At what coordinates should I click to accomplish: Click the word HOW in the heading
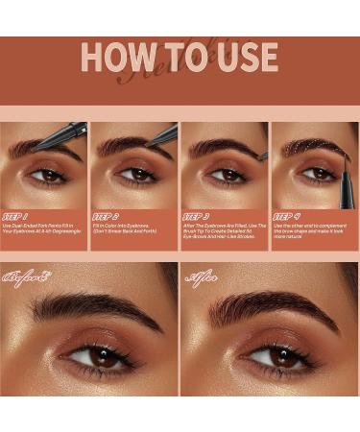tap(115, 58)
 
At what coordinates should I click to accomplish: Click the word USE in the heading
tap(244, 58)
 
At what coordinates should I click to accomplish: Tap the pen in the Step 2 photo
tap(160, 135)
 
